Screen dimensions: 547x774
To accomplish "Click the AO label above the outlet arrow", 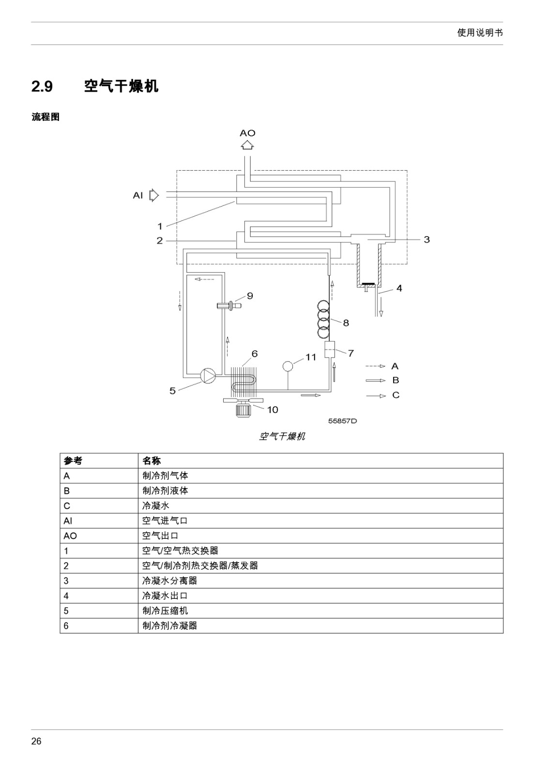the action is point(247,133).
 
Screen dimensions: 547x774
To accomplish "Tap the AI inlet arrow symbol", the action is point(154,195).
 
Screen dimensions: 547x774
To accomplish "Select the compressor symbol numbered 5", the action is point(208,375).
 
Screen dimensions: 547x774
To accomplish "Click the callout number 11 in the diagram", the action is point(310,357).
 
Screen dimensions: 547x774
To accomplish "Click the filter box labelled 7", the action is point(330,350).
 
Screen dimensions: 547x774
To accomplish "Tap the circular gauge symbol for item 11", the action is point(288,366).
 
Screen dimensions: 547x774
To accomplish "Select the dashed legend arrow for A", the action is point(375,366).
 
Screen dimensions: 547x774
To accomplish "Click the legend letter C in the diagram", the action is point(396,395).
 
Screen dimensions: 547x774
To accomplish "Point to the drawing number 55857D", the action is point(342,421).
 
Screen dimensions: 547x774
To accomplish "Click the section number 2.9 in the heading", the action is point(42,87).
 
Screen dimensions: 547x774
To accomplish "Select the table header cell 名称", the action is point(152,461).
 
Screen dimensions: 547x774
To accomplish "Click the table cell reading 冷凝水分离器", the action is point(169,580).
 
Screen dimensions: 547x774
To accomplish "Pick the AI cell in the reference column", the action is point(68,521).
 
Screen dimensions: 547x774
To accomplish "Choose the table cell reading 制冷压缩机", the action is point(165,610).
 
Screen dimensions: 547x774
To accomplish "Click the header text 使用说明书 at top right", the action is point(480,33).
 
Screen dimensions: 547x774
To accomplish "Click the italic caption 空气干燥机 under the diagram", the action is point(282,436).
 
